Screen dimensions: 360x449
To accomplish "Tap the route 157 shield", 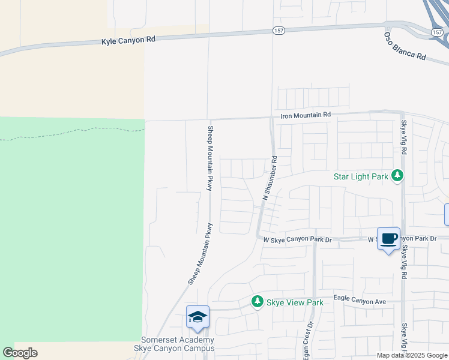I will coord(278,30).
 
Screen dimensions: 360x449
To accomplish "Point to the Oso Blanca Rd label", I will coord(405,46).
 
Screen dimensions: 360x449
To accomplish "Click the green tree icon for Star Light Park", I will coord(397,176).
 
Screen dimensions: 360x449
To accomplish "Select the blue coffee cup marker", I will coord(388,239).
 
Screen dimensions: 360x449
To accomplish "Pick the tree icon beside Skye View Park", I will coord(258,301).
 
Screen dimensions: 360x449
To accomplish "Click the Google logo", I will coord(20,353).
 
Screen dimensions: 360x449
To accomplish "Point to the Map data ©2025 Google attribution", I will coord(412,355).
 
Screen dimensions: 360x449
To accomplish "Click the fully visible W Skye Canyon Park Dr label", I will coord(297,239).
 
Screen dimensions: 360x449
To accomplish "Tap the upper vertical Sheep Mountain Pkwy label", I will coord(211,158).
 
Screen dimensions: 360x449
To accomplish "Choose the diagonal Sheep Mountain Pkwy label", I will coord(200,253).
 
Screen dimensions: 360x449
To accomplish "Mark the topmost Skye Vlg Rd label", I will coord(404,137).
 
